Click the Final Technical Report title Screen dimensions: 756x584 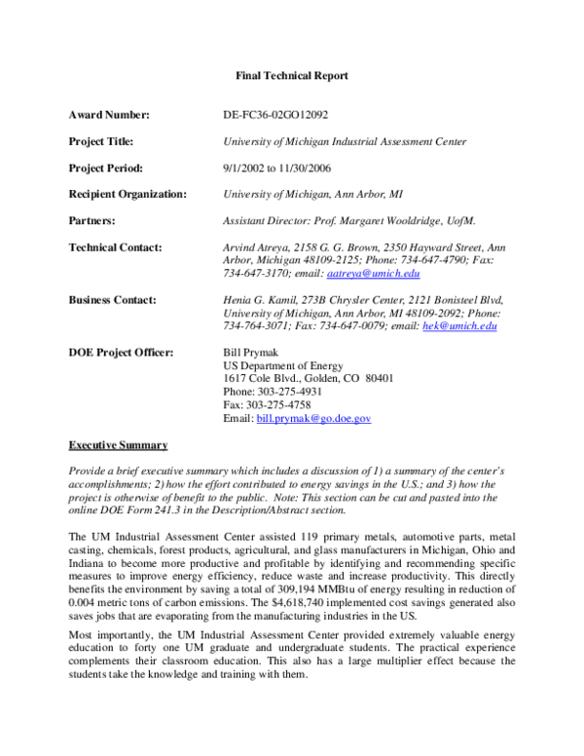point(292,75)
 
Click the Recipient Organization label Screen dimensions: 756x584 point(128,194)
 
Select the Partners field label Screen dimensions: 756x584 point(92,221)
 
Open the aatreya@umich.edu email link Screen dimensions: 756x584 point(371,275)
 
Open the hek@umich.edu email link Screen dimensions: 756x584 point(459,326)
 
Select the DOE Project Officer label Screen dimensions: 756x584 point(121,352)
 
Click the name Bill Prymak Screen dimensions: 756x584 point(251,352)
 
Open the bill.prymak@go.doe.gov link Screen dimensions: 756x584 point(313,418)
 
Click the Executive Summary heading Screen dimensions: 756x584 point(118,445)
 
